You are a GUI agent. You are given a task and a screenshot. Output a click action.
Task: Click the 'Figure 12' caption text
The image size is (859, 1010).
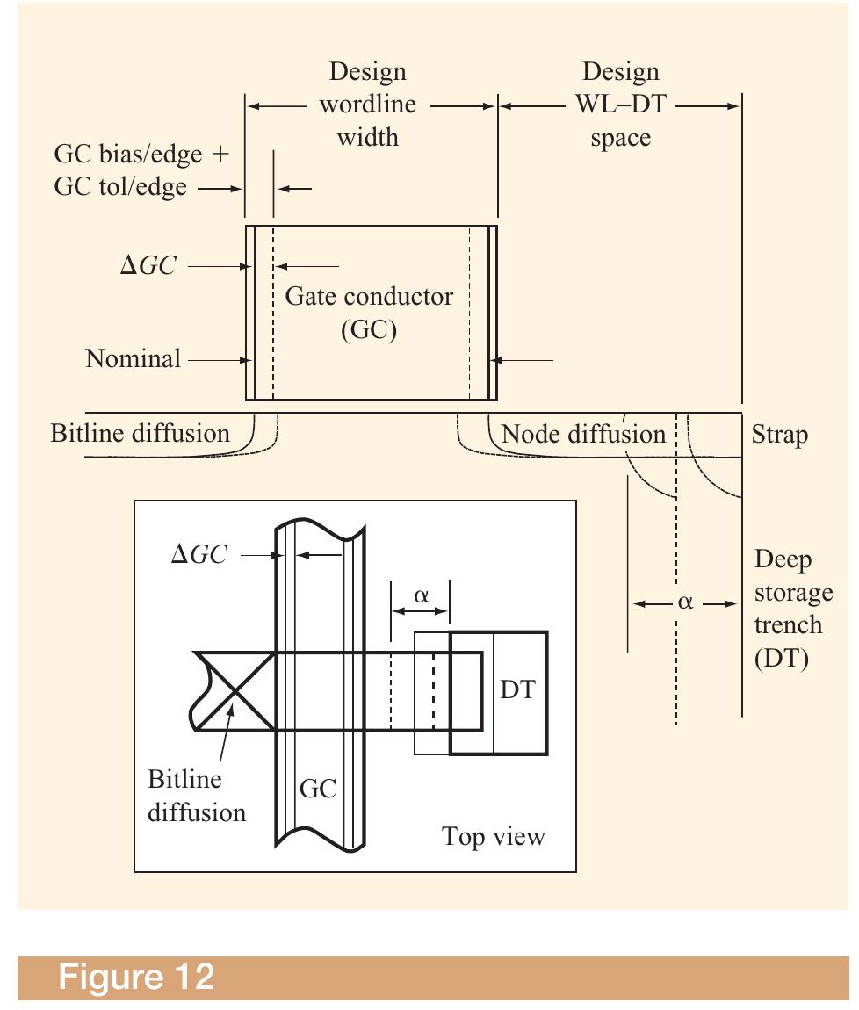click(x=136, y=977)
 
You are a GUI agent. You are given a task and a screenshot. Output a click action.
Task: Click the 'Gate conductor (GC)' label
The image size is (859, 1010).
click(x=369, y=312)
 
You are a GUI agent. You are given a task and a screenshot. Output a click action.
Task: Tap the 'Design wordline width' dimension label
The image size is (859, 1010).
click(x=368, y=105)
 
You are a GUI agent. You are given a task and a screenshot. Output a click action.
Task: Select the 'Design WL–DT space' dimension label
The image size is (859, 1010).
click(x=620, y=105)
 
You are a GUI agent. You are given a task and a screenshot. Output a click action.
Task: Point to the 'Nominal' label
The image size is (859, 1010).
click(x=133, y=358)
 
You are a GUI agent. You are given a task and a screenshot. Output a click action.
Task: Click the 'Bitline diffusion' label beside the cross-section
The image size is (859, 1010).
click(x=140, y=433)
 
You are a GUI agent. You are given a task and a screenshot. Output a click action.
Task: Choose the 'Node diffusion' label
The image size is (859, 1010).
click(x=583, y=433)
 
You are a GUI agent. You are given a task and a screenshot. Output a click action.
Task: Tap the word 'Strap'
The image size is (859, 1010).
click(x=779, y=435)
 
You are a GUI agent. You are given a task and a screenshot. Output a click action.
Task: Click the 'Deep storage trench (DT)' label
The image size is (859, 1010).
click(x=793, y=609)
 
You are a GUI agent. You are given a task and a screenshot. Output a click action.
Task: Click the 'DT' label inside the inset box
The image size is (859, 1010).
click(x=518, y=690)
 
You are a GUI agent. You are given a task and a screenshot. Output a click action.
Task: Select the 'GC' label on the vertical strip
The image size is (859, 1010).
click(x=318, y=789)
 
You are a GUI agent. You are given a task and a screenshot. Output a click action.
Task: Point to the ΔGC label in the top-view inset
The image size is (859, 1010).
click(x=198, y=555)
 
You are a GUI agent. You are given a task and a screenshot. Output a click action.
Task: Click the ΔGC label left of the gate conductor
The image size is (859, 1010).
click(x=148, y=266)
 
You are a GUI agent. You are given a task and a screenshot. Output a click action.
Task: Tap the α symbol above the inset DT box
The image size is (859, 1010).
click(x=421, y=596)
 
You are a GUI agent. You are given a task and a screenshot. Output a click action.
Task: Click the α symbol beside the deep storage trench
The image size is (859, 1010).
click(x=685, y=603)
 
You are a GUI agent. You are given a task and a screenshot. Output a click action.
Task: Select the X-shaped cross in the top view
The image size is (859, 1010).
click(x=233, y=690)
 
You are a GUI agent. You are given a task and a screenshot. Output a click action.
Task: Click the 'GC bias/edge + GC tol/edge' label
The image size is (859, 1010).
click(x=141, y=170)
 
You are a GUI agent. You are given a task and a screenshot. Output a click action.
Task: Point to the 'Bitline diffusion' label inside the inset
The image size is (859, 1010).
click(x=196, y=796)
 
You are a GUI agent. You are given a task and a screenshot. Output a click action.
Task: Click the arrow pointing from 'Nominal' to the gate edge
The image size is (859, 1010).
click(x=220, y=359)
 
